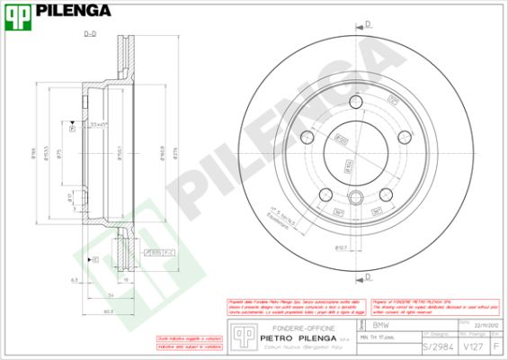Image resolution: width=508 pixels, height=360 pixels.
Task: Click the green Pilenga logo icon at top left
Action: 19,11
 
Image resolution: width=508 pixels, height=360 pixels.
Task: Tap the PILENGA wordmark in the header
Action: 75,11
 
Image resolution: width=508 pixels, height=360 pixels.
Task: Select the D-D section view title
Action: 90,34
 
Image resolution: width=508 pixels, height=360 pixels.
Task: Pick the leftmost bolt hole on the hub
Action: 307,138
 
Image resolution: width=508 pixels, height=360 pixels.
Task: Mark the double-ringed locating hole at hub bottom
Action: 355,199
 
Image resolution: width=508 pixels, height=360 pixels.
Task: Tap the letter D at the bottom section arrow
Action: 369,276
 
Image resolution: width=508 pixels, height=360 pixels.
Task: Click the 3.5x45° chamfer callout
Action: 98,123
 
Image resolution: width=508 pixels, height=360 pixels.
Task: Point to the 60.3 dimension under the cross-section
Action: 107,310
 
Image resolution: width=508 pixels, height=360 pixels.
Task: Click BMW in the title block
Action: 380,323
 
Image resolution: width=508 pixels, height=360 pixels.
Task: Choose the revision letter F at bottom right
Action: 497,346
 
